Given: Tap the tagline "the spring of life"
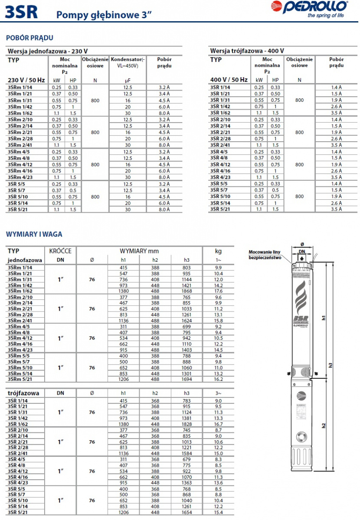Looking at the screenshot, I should click(x=326, y=16).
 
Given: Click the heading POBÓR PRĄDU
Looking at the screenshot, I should click(x=29, y=38).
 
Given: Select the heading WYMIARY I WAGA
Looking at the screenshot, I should click(x=34, y=234).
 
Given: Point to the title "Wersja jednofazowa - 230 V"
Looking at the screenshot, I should click(x=48, y=51).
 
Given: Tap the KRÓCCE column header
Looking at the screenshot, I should click(x=60, y=251).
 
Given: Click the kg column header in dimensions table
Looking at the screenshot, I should click(x=219, y=251).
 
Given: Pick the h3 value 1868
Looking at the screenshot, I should click(x=187, y=291).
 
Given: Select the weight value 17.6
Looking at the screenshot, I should click(x=219, y=291).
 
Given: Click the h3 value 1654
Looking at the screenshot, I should click(x=187, y=513).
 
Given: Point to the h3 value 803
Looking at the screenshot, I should click(x=187, y=268).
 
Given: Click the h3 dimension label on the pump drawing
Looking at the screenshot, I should click(x=331, y=365).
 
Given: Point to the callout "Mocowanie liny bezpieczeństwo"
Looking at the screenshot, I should click(x=265, y=254).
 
